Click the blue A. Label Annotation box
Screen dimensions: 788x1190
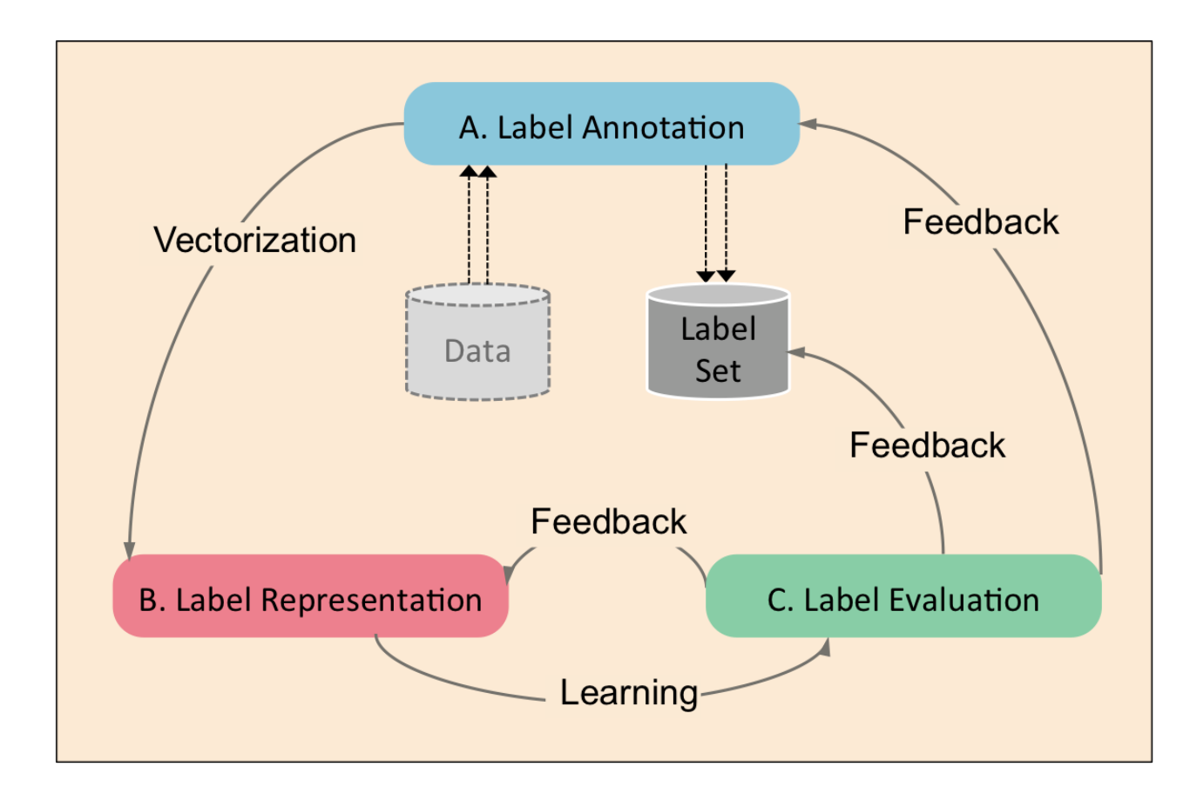tap(601, 124)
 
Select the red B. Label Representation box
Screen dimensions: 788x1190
tap(310, 597)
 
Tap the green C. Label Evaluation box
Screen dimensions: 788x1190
tap(903, 597)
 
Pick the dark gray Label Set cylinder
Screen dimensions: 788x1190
tap(718, 344)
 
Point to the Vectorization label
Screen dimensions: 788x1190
tap(255, 240)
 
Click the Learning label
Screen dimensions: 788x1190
tap(628, 693)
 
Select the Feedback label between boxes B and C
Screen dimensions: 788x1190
tap(608, 521)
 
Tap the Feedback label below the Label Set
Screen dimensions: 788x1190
tap(927, 445)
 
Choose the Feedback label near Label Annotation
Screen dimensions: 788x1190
tap(981, 221)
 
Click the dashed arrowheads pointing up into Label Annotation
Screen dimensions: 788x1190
tap(478, 172)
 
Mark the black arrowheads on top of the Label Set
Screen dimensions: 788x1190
tap(715, 275)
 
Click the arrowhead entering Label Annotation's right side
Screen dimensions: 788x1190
tap(808, 125)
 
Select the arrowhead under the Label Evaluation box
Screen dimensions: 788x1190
tap(824, 646)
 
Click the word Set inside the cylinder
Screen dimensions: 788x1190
tap(718, 370)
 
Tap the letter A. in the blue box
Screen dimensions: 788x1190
tap(473, 127)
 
